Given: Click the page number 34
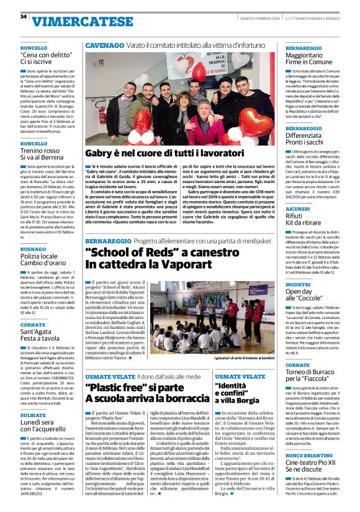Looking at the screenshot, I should click(x=24, y=17).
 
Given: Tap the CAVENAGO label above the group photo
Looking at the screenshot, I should click(x=104, y=46).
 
